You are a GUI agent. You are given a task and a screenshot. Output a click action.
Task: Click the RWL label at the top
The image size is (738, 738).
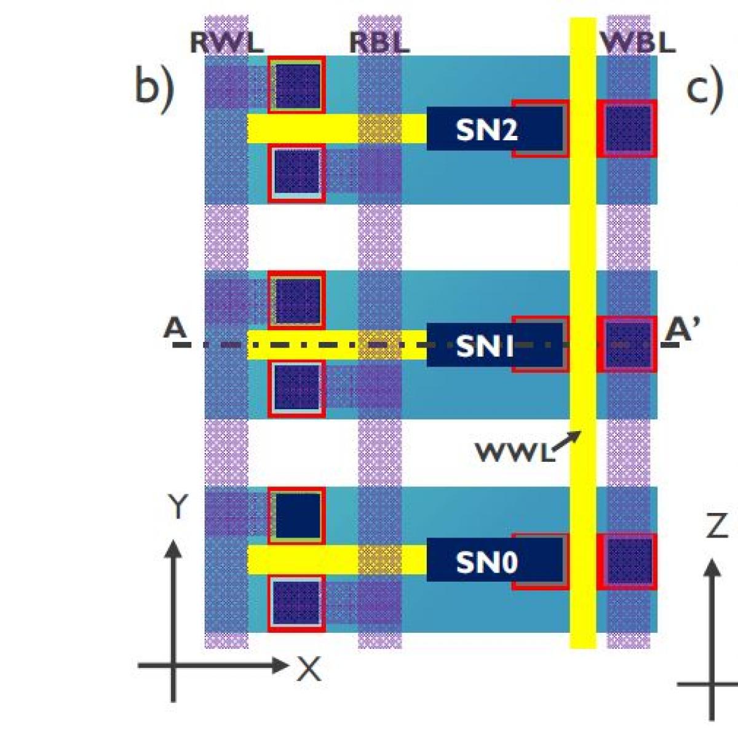[x=226, y=43]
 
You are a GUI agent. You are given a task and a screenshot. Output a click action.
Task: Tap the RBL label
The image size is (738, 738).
[x=379, y=43]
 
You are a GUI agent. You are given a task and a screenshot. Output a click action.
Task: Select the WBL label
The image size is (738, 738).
[x=638, y=43]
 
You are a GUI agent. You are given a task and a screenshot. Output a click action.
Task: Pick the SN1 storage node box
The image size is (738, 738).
[x=486, y=346]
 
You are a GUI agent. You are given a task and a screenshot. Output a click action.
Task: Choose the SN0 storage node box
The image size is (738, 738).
[x=486, y=562]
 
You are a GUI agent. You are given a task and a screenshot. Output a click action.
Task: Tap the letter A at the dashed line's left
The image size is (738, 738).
[x=175, y=328]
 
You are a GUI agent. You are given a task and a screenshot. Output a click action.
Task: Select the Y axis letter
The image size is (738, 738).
[x=177, y=508]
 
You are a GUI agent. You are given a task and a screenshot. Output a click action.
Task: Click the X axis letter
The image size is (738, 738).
[x=309, y=669]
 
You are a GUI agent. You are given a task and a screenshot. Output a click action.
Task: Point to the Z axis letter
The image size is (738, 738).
[x=716, y=526]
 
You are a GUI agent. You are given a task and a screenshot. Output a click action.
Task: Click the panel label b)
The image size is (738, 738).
[x=154, y=87]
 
